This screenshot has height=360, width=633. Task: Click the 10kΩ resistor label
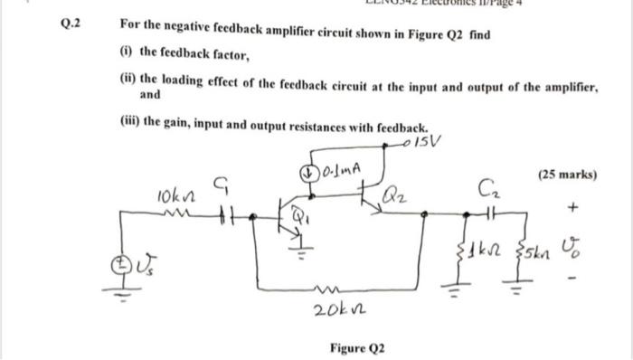172,193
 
